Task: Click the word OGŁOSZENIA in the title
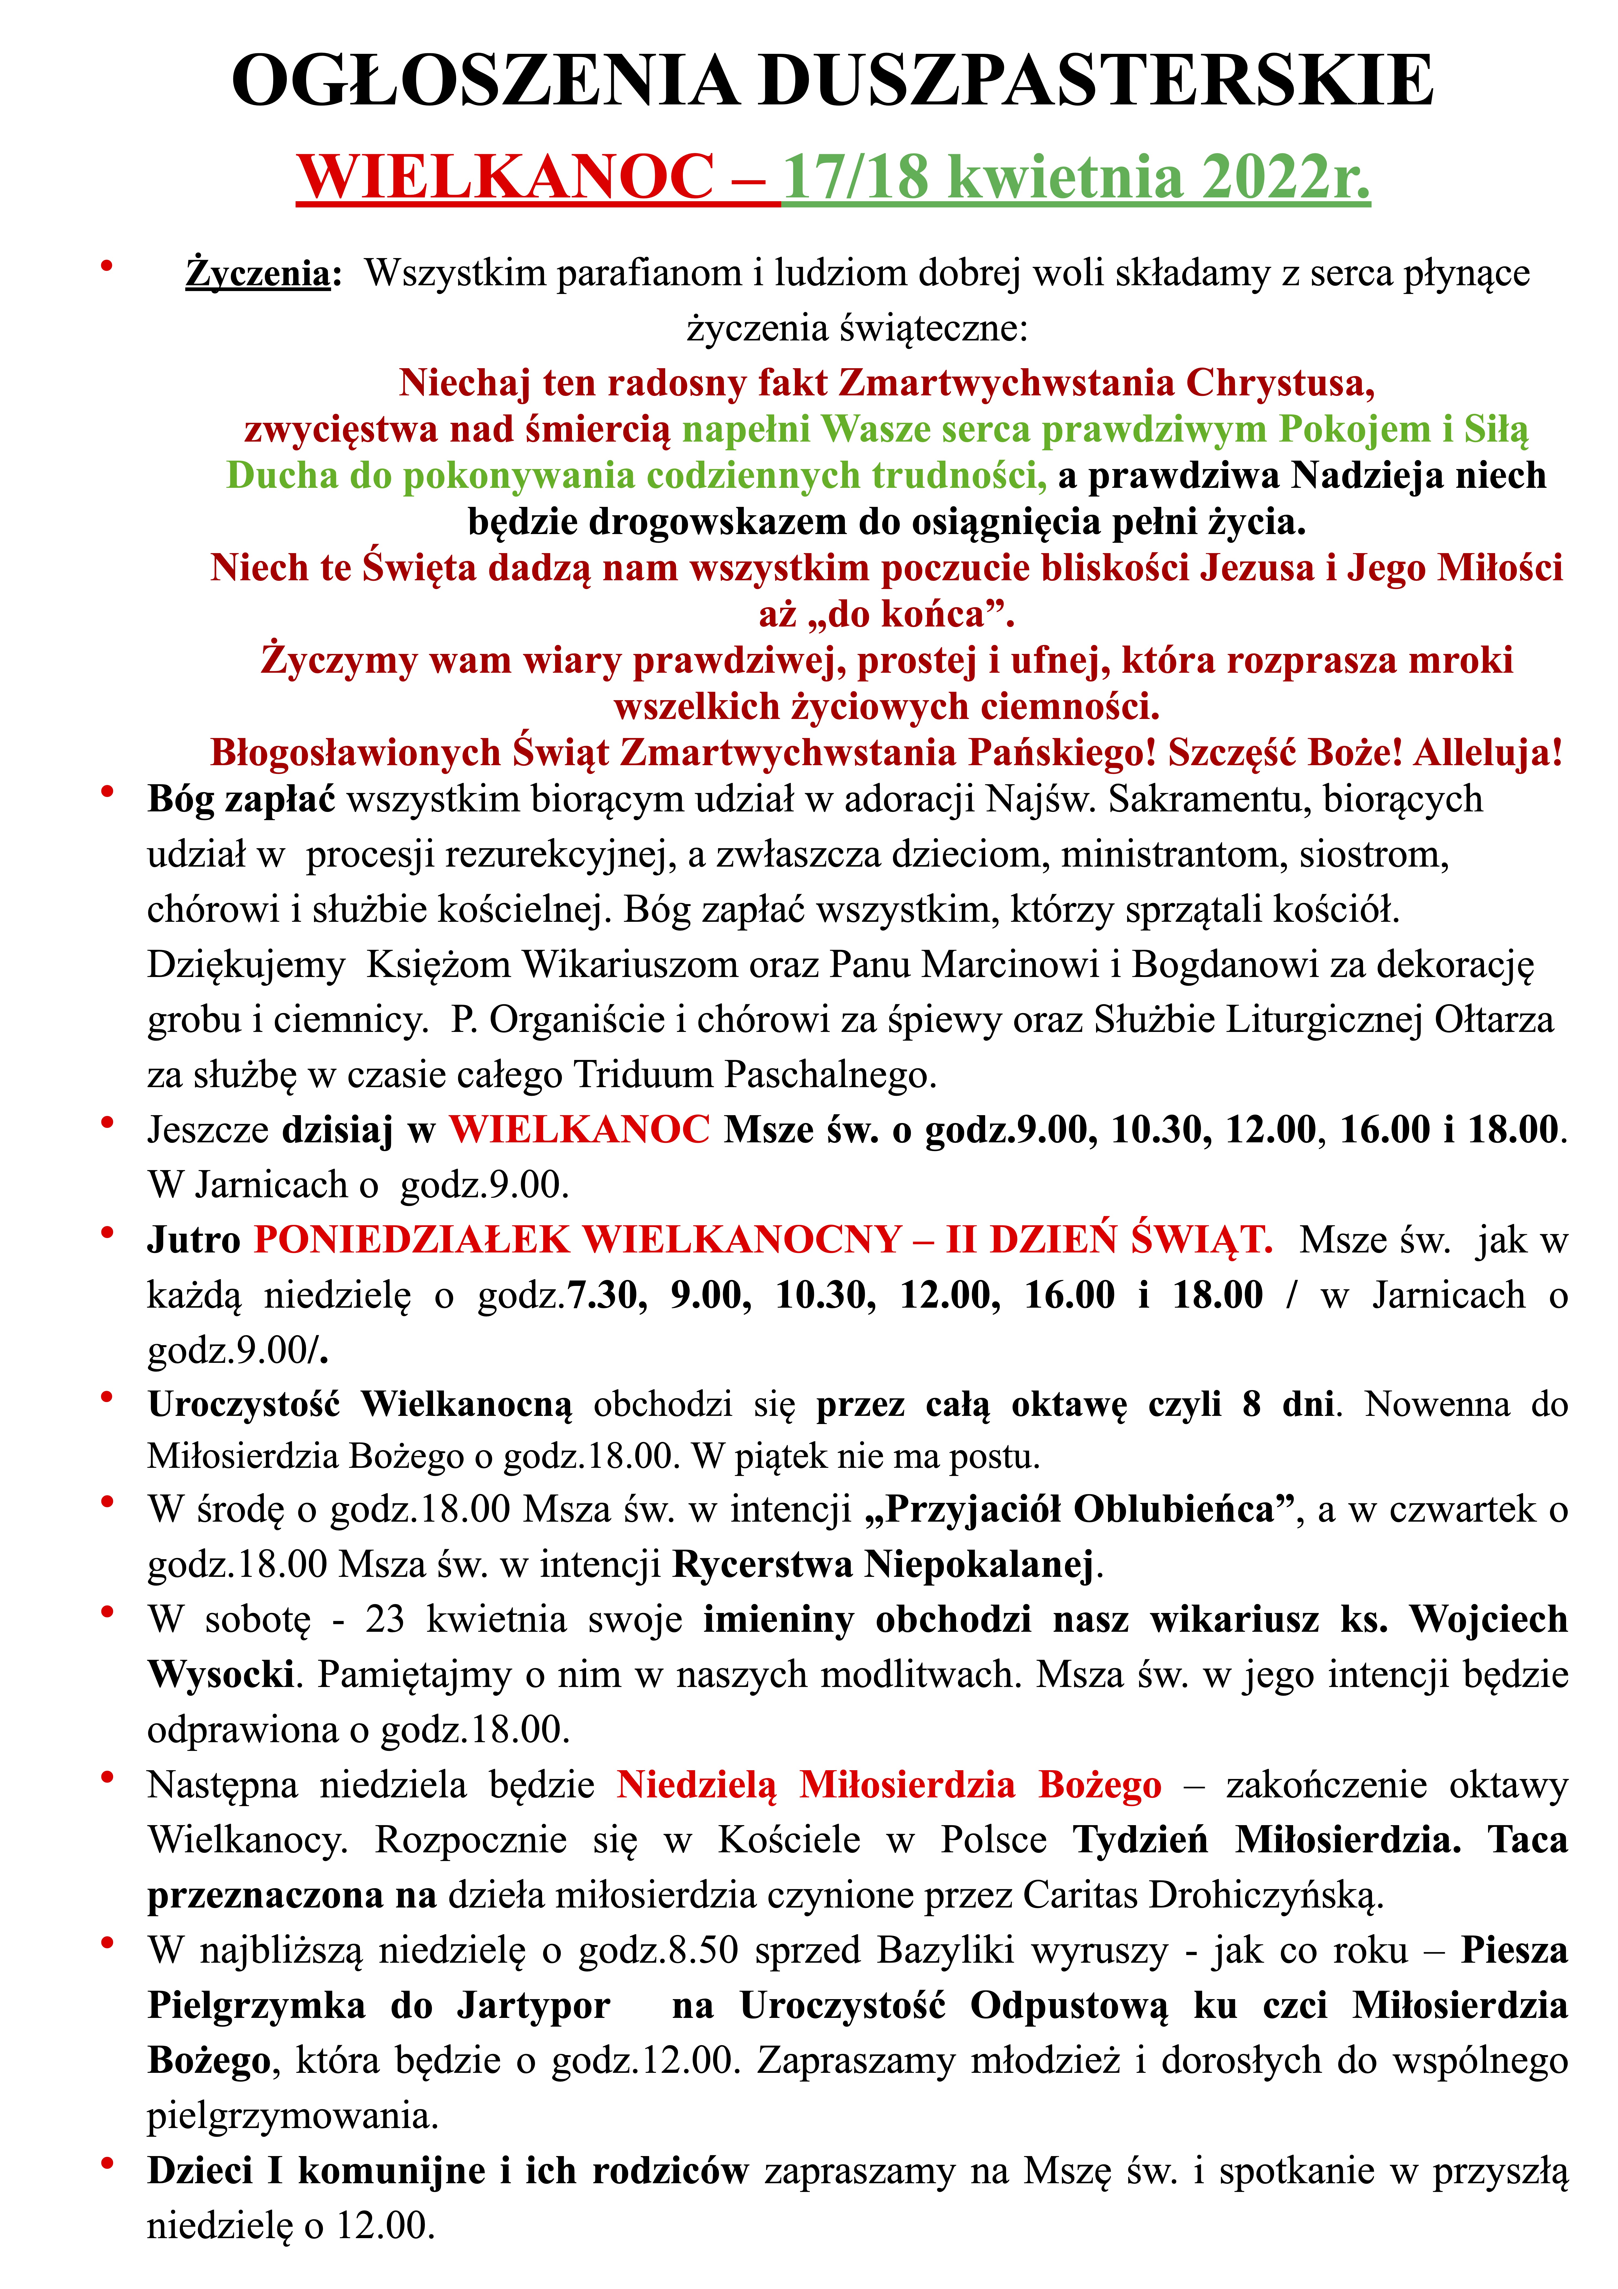pyautogui.click(x=484, y=82)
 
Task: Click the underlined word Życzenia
pyautogui.click(x=257, y=273)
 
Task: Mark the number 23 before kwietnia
pyautogui.click(x=385, y=1620)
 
